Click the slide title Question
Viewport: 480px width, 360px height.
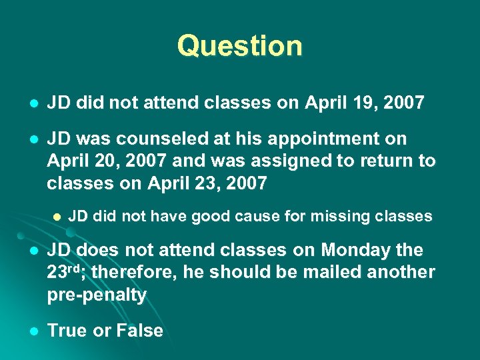tap(240, 46)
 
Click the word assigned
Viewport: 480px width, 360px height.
tap(269, 161)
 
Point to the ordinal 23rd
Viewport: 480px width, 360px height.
tap(65, 272)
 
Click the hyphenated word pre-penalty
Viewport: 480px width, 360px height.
tap(97, 295)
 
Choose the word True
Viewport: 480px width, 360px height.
tap(68, 331)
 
